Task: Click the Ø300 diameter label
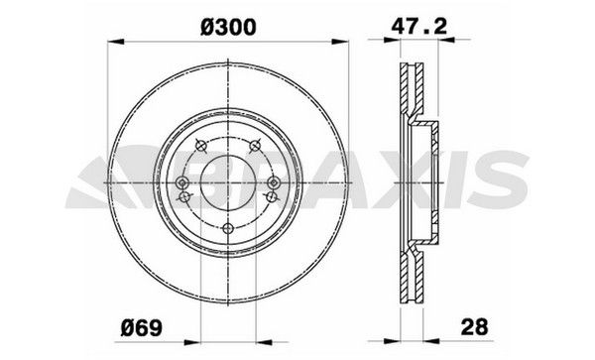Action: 228,28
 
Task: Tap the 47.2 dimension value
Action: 419,27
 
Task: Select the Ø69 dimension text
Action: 141,327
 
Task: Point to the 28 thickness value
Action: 474,327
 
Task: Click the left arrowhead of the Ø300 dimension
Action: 116,42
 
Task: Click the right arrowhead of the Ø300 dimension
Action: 339,42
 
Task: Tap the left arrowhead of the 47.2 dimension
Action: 393,39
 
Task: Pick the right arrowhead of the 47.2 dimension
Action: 446,39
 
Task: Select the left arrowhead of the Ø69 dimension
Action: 191,342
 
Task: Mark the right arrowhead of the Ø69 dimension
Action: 264,342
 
